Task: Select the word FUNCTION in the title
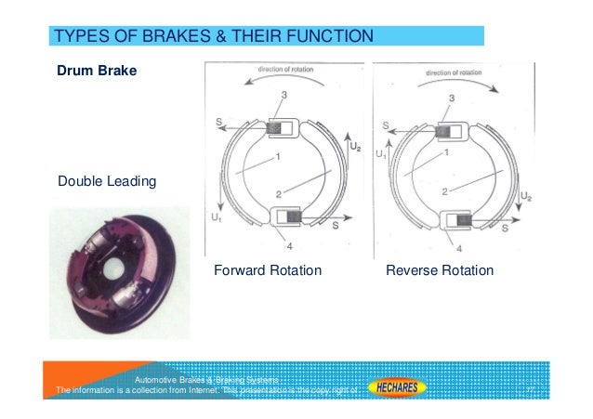click(328, 37)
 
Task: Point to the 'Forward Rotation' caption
click(268, 271)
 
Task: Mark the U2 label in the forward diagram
click(354, 148)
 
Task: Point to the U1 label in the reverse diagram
click(381, 156)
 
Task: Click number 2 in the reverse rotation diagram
click(444, 190)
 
